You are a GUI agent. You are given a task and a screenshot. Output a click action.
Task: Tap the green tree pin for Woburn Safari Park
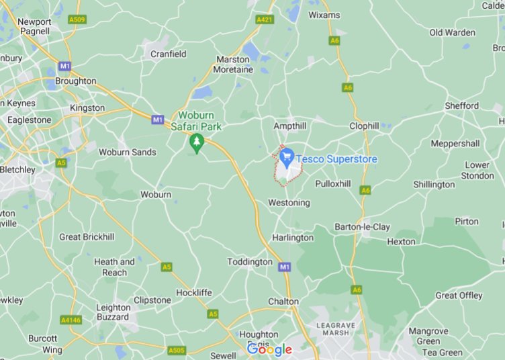[x=196, y=142]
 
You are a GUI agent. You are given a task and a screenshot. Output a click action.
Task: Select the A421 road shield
[x=265, y=20]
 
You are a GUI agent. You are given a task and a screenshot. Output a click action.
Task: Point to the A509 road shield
[x=77, y=20]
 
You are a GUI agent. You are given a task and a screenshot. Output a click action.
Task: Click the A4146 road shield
[x=71, y=320]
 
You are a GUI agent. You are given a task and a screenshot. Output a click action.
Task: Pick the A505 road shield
[x=177, y=350]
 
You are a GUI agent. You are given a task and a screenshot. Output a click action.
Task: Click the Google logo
[x=269, y=349]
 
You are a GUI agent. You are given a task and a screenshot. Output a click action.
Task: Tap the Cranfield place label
[x=169, y=54]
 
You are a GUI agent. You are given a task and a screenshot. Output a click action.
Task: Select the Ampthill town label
[x=290, y=126]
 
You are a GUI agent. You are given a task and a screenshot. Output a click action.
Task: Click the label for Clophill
[x=365, y=126]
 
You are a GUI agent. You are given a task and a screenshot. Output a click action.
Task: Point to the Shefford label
[x=461, y=105]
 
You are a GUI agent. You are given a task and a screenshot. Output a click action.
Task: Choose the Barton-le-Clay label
[x=362, y=227]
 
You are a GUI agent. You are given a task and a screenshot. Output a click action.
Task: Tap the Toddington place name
[x=250, y=261]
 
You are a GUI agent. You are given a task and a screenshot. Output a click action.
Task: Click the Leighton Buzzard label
[x=113, y=312]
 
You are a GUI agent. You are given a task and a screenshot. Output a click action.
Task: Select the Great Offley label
[x=459, y=296]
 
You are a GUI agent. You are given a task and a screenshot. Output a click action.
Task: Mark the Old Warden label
[x=452, y=32]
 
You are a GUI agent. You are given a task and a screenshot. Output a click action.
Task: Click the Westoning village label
[x=289, y=202]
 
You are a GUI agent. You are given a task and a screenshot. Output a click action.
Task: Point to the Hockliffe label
[x=195, y=293]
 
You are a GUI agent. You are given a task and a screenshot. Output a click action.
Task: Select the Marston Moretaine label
[x=233, y=64]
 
